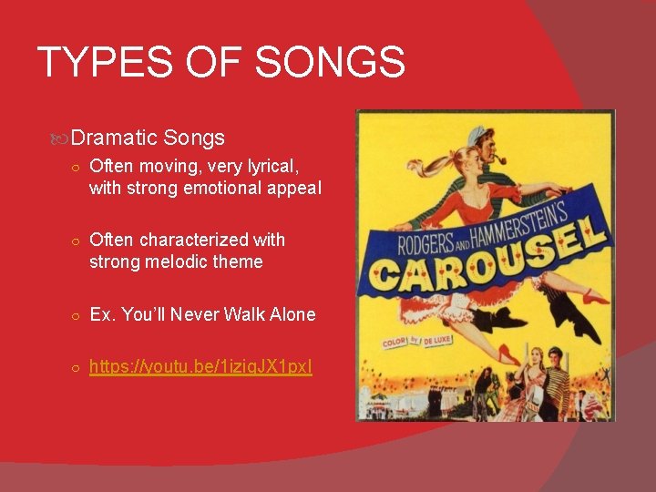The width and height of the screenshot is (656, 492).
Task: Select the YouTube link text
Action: point(200,367)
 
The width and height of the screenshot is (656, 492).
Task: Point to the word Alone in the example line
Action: point(290,314)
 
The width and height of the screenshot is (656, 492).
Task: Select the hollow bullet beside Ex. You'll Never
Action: point(77,315)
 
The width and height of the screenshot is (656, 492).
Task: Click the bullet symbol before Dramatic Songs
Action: point(61,139)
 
